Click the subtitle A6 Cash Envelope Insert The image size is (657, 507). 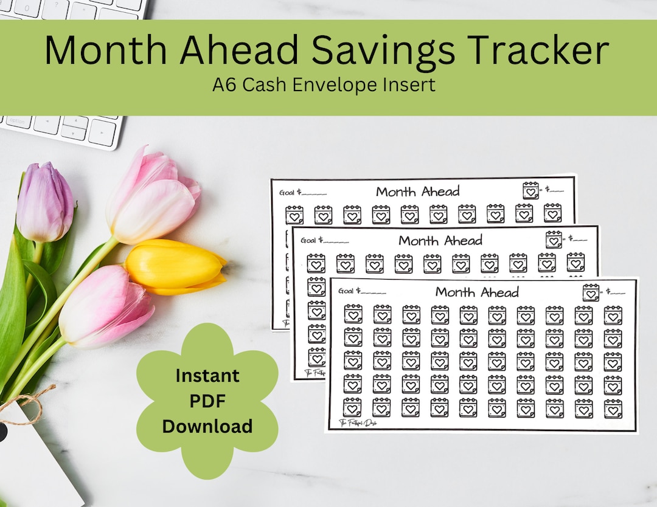click(x=324, y=84)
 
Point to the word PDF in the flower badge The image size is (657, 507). click(x=207, y=401)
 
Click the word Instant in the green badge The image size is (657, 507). click(x=207, y=376)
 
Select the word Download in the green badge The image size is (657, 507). click(x=207, y=426)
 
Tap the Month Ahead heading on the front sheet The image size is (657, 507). click(x=477, y=292)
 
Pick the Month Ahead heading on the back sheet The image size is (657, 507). click(x=417, y=191)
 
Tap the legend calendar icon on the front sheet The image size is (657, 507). click(x=590, y=292)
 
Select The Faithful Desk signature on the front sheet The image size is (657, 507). click(x=358, y=422)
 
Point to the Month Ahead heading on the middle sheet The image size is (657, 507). click(x=440, y=240)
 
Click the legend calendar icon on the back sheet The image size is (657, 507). click(x=530, y=190)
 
